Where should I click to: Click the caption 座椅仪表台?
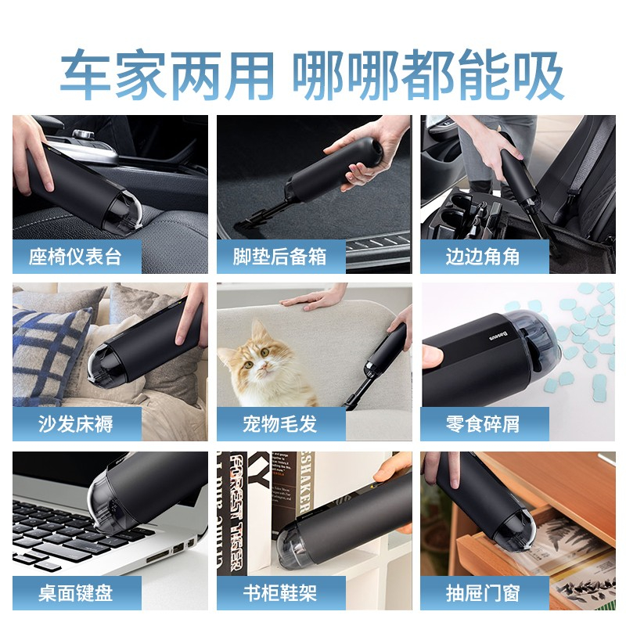[x=75, y=257]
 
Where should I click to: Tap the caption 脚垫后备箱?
[x=279, y=257]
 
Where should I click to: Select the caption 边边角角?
[x=483, y=257]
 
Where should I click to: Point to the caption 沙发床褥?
[x=75, y=424]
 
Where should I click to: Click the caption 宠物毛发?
[x=279, y=424]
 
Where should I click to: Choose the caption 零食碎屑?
[x=483, y=424]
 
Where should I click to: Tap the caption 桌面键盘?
[x=75, y=593]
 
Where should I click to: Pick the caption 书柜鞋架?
[x=279, y=593]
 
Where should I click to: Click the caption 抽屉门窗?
[x=483, y=593]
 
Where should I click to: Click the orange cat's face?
[x=258, y=358]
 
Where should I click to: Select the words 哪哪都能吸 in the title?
[x=428, y=75]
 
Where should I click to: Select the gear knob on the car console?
[x=83, y=135]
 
